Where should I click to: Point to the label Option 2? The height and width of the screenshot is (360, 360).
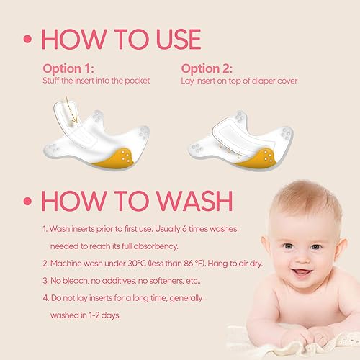point(204,68)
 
